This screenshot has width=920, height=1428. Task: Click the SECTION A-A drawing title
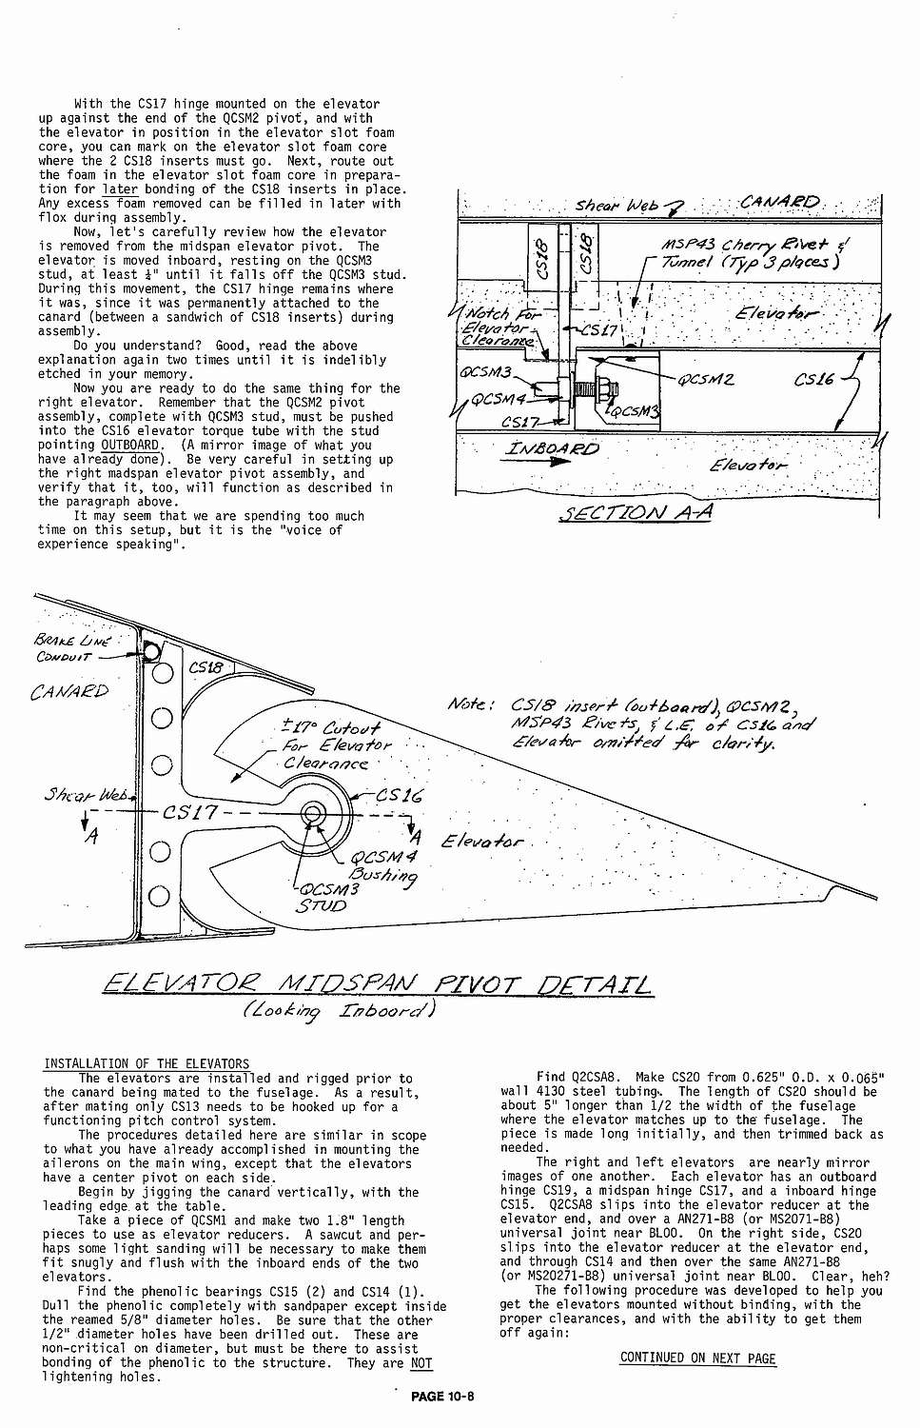(x=636, y=513)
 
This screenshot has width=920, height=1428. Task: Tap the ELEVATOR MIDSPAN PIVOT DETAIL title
(x=377, y=983)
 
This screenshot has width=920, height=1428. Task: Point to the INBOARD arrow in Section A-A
(x=553, y=454)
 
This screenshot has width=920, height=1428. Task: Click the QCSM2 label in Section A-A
(x=705, y=379)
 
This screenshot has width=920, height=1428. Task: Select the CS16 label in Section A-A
(x=814, y=379)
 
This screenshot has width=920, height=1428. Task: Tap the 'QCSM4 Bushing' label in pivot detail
(x=382, y=865)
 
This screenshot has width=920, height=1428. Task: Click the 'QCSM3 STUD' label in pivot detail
(x=325, y=898)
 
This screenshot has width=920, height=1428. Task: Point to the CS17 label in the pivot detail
(x=190, y=813)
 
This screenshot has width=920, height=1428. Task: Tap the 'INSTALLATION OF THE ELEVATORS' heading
(x=147, y=1063)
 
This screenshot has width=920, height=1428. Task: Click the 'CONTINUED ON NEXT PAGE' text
(x=697, y=1358)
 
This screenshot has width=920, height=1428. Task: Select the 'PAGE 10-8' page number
(x=442, y=1397)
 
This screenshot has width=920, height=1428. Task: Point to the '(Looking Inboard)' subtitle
(x=338, y=1010)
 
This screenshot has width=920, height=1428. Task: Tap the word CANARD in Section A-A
(x=779, y=202)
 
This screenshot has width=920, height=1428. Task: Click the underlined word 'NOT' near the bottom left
(x=421, y=1363)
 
